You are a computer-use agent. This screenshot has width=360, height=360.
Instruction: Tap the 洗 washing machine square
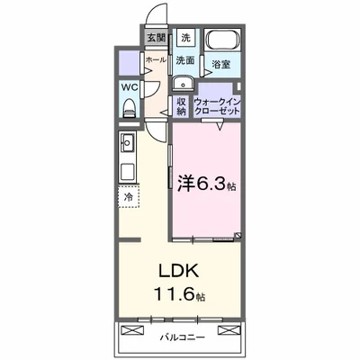[x=184, y=38]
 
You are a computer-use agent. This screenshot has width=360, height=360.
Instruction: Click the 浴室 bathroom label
[x=220, y=64]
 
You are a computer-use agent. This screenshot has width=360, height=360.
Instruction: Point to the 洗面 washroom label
[x=184, y=60]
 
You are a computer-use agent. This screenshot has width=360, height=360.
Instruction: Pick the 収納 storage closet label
[x=181, y=105]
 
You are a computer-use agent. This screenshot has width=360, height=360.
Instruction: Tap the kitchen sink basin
[x=127, y=142]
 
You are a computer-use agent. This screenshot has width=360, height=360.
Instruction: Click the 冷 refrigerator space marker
[x=128, y=193]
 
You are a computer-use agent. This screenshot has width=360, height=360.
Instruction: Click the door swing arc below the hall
[x=158, y=126]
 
